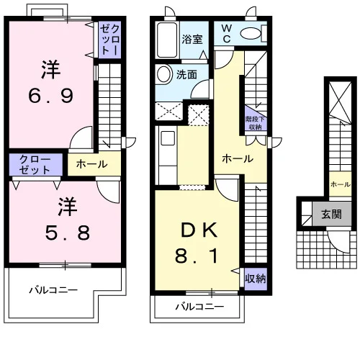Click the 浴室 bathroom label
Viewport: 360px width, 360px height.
(x=192, y=40)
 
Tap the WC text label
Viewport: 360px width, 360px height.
(x=227, y=33)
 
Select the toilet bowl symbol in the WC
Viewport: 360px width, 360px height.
(x=251, y=33)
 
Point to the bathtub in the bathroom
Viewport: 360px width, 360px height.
(x=167, y=40)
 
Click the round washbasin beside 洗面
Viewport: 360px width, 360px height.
(x=164, y=74)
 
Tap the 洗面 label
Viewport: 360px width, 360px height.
(x=186, y=75)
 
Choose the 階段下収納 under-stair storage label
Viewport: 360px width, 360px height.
(x=255, y=123)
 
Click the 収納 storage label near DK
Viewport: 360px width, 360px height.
(x=256, y=279)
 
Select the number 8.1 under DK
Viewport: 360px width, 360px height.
(x=197, y=256)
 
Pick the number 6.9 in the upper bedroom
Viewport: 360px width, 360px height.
(x=51, y=96)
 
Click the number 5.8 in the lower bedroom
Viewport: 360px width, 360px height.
(x=68, y=233)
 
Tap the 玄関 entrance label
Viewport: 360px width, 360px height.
(x=331, y=214)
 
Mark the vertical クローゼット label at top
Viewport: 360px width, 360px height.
(x=109, y=40)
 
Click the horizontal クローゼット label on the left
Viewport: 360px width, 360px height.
(x=35, y=165)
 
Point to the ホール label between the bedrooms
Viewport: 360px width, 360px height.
(x=92, y=164)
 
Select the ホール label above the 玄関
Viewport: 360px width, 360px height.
(x=341, y=184)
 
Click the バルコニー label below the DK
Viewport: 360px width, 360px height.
(x=200, y=307)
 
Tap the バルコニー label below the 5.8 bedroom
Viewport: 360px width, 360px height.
(x=53, y=290)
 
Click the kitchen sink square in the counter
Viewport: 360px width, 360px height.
(x=168, y=138)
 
